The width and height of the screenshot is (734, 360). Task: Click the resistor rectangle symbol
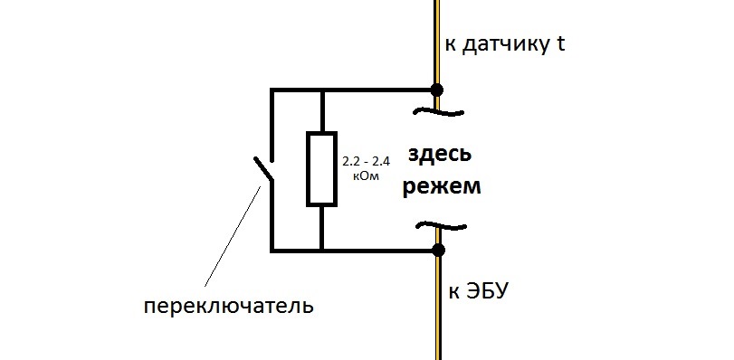tap(322, 169)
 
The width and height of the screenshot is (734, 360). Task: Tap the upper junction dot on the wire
tap(437, 90)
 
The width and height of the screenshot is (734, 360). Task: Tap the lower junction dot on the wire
tap(437, 249)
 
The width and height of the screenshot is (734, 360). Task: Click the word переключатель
tap(229, 306)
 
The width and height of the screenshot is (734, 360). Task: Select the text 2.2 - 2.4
tap(366, 162)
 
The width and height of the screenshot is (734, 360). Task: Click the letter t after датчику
tap(561, 44)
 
